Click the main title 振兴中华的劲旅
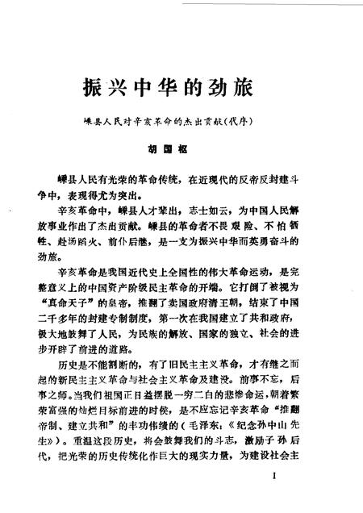click(181, 86)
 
